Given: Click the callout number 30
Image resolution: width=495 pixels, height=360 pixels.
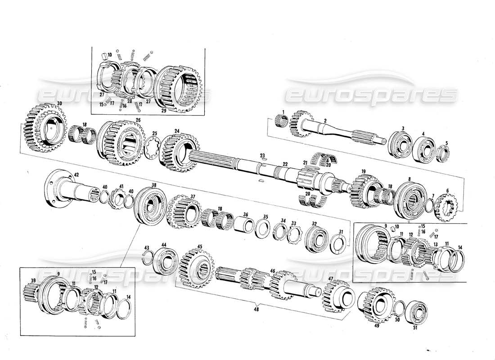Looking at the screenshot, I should pos(59,104).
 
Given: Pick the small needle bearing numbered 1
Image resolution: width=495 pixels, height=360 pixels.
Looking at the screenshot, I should pos(281,121).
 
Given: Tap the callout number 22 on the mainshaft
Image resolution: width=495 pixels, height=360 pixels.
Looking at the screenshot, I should pos(284,164).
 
